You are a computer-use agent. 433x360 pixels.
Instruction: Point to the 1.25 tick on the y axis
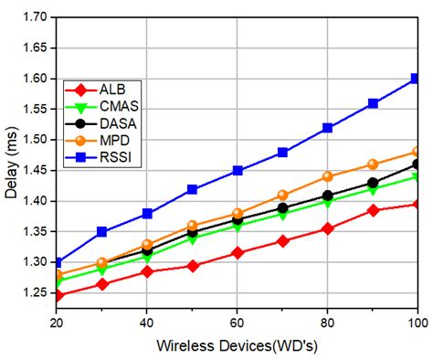pos(35,292)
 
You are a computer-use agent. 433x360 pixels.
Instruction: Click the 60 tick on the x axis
pos(237,322)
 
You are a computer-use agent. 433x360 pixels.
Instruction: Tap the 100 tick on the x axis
pos(417,322)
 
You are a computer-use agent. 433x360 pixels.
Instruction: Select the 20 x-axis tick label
pos(57,322)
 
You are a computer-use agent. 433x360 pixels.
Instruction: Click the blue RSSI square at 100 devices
pos(417,79)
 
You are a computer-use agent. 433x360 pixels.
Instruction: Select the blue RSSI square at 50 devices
pos(192,189)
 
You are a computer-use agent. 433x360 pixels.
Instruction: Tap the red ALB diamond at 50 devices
pos(192,266)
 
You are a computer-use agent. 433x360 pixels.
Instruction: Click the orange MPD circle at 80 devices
pos(327,176)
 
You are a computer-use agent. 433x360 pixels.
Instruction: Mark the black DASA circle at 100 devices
pos(417,164)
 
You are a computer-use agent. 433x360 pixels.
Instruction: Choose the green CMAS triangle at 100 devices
pos(417,176)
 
